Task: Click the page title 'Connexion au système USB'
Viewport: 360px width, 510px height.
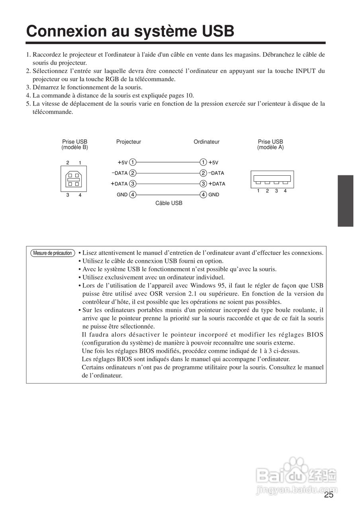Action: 130,31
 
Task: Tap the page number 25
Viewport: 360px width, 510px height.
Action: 329,495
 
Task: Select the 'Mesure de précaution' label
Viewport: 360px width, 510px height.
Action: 53,253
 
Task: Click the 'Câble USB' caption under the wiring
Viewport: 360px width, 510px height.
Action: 169,203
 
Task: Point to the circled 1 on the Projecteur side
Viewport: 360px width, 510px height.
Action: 133,162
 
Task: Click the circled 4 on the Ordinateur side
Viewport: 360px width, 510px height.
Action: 203,195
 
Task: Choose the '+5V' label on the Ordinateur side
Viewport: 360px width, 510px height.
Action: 214,163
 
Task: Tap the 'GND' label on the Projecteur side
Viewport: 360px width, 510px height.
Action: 121,195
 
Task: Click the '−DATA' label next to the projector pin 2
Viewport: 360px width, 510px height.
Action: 119,173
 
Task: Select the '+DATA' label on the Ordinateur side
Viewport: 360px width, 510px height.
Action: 217,184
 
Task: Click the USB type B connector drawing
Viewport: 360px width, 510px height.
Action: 73,178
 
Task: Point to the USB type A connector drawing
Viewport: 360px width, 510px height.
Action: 272,179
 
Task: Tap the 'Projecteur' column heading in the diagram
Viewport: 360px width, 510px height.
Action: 129,142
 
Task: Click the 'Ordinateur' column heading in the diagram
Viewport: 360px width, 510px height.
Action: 206,142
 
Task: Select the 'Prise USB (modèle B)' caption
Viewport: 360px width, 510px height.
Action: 74,145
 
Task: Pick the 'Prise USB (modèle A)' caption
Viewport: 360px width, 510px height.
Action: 270,145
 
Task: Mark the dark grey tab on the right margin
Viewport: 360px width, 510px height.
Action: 346,201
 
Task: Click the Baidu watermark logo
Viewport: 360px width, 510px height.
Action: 297,476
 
